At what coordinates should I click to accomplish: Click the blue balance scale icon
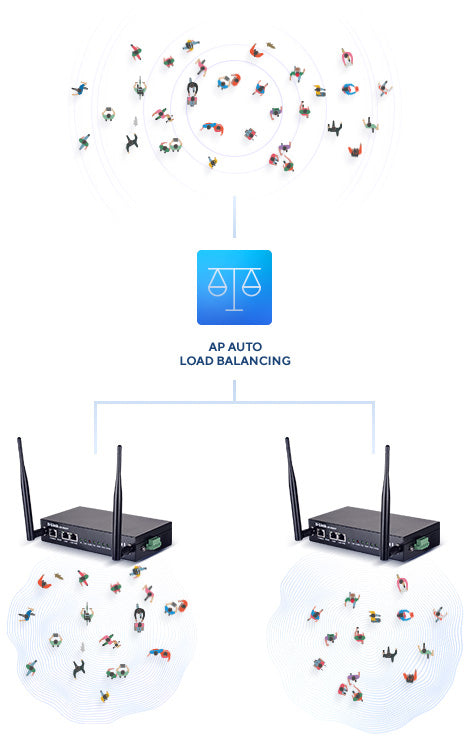(x=234, y=287)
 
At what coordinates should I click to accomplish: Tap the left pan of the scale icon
(x=218, y=287)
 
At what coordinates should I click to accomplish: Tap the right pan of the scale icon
(x=250, y=287)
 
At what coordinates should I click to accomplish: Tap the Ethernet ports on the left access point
(x=59, y=535)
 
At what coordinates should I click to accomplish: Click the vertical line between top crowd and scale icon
(x=234, y=222)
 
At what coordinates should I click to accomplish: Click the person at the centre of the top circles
(x=193, y=91)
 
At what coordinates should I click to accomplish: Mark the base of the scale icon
(x=234, y=309)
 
